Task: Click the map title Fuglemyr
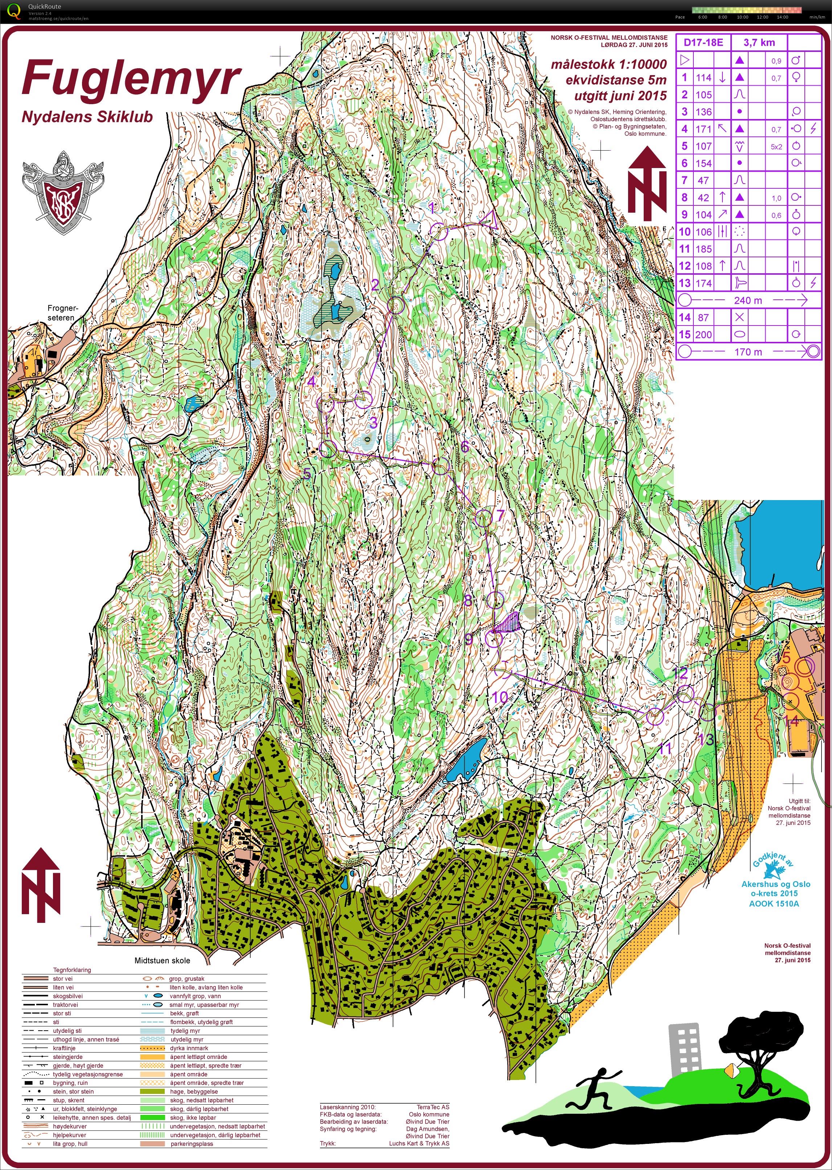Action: [131, 78]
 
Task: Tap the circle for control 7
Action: [483, 518]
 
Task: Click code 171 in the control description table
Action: [704, 129]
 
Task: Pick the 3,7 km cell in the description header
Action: [759, 42]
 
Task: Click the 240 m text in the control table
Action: [748, 300]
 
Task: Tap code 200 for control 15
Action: [704, 335]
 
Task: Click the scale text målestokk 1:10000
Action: [608, 65]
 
